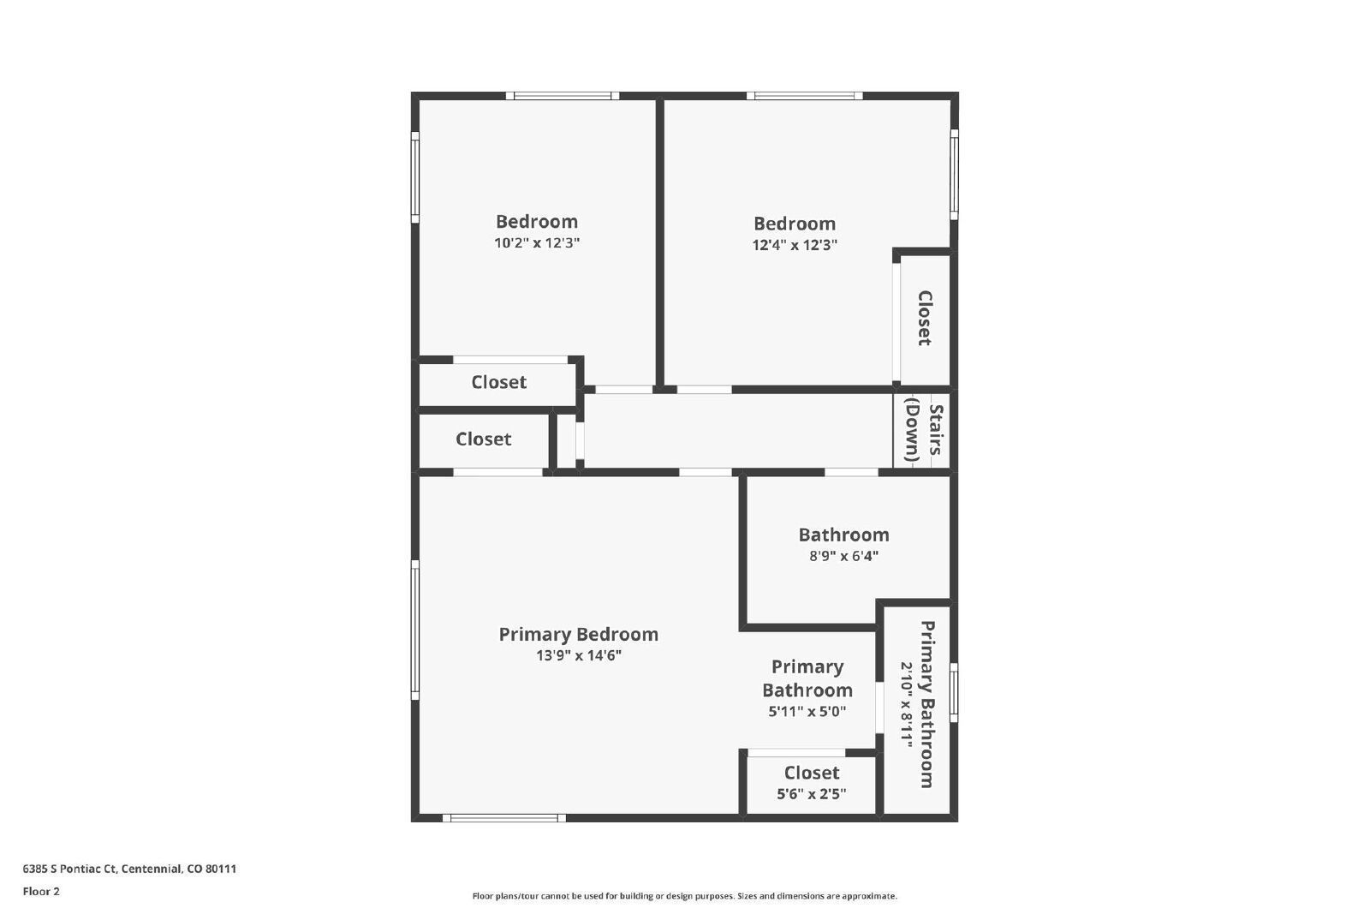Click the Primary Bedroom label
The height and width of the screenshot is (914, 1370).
578,635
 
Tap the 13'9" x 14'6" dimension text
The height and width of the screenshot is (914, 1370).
578,656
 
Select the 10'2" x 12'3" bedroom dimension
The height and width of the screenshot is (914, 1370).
537,243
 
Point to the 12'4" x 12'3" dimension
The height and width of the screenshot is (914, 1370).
794,245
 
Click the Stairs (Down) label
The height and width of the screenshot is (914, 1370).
925,431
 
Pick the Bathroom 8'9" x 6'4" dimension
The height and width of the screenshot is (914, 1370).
843,556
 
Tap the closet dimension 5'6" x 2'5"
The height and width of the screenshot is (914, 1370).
811,794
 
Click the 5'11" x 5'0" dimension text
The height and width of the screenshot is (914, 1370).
807,711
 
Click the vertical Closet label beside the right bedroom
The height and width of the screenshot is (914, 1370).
925,318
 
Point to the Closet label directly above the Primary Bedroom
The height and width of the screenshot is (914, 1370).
483,439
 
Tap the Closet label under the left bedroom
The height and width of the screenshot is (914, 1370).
498,382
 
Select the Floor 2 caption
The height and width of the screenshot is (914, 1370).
41,892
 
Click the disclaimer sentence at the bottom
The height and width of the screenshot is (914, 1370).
684,896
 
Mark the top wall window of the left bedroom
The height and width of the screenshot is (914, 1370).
561,96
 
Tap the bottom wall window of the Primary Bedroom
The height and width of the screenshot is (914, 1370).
504,818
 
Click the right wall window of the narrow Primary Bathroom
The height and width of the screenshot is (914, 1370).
954,692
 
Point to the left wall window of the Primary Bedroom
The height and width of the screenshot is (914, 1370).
415,630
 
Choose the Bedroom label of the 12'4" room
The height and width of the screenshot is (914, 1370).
794,224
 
